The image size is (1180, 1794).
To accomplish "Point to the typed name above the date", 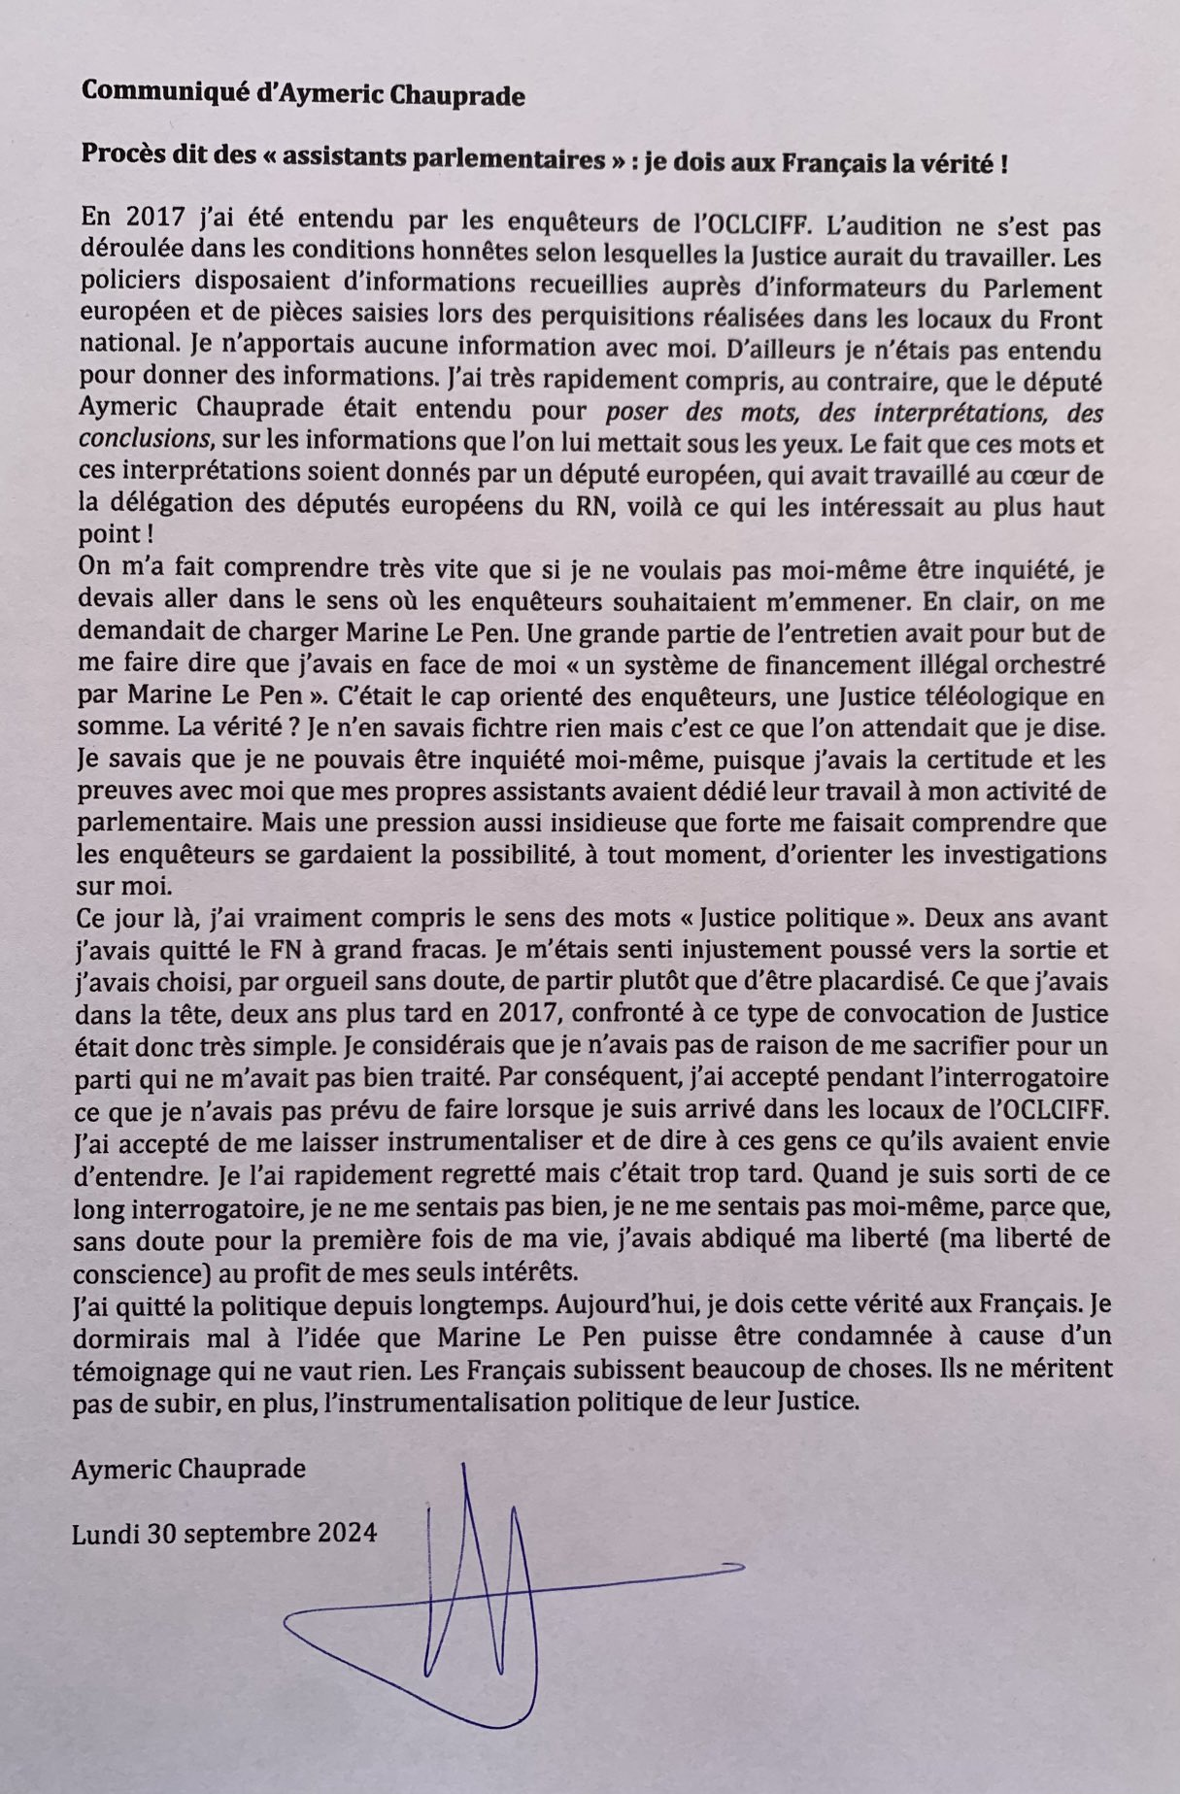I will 188,1468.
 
